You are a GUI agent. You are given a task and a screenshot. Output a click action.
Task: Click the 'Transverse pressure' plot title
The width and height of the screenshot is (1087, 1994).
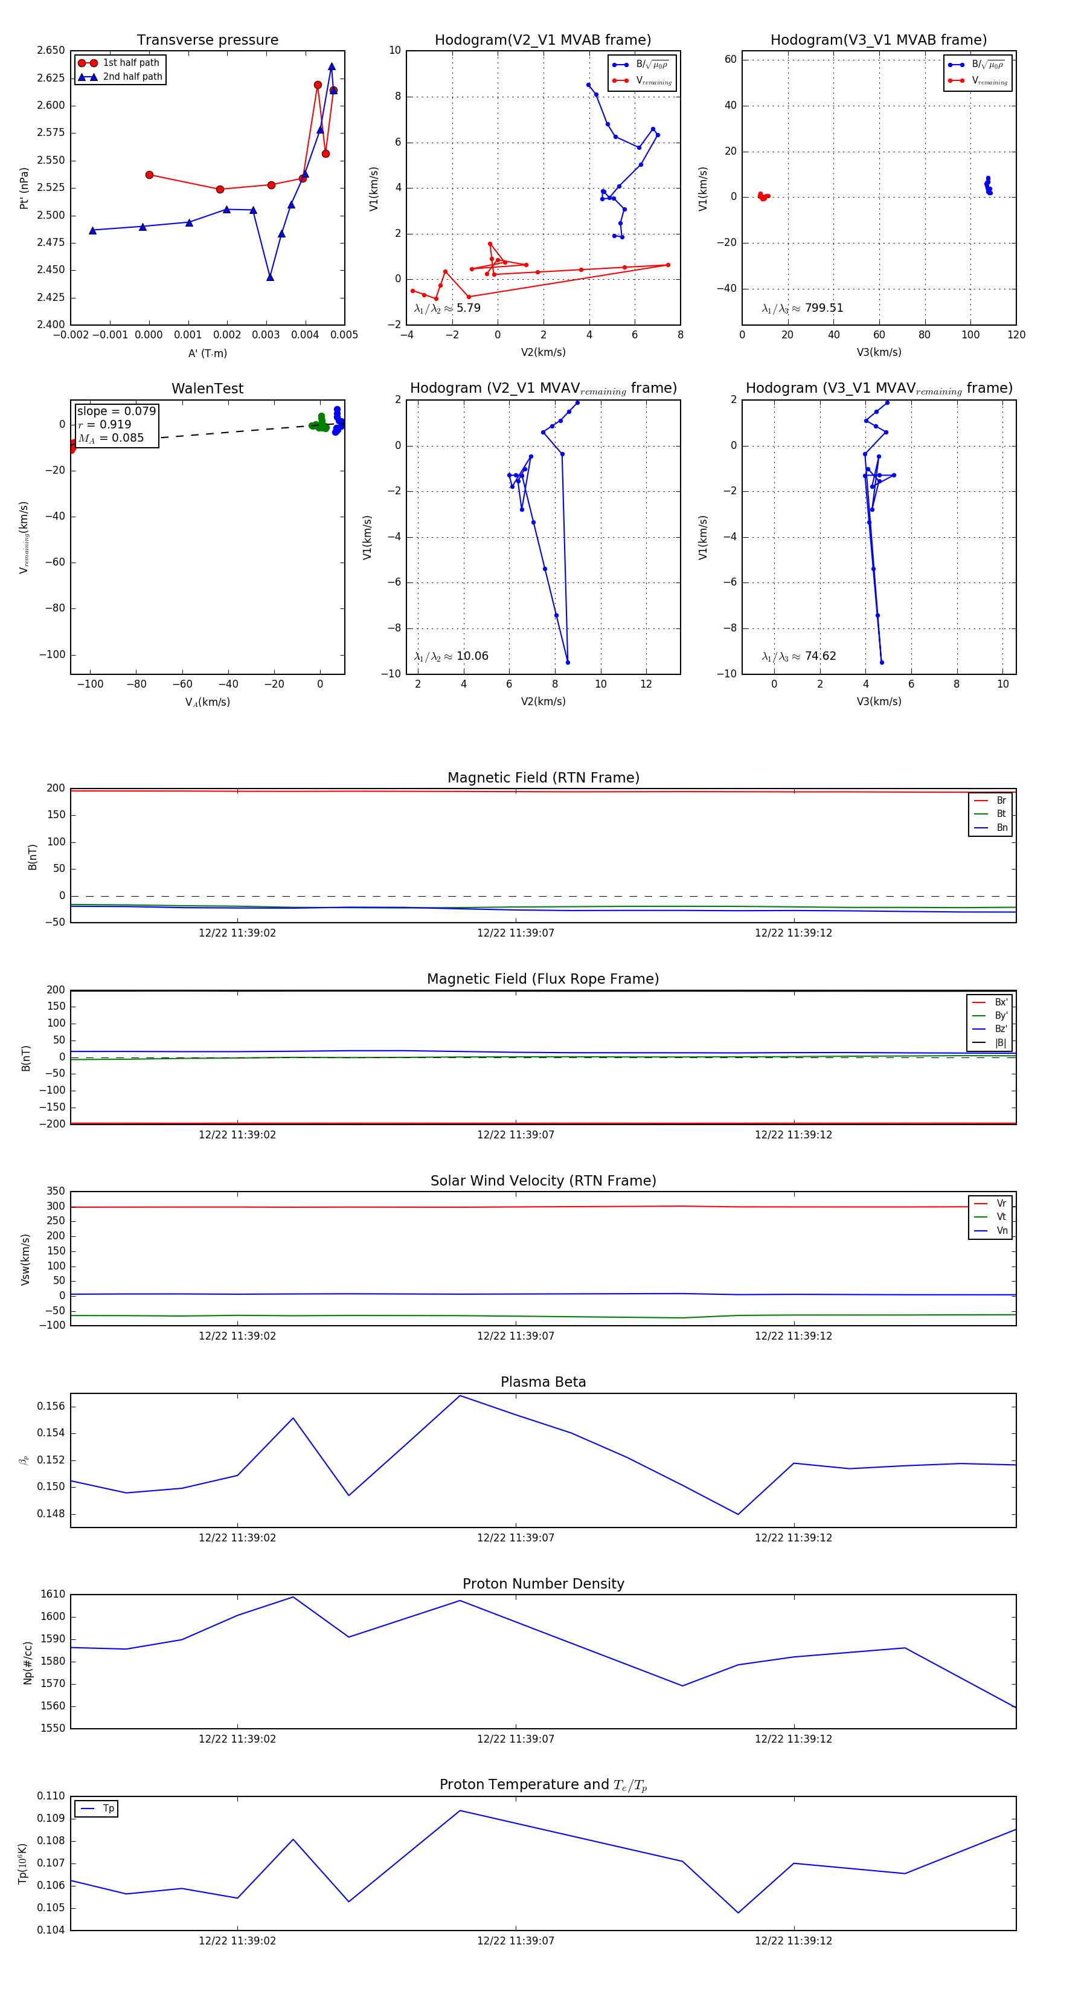coord(207,40)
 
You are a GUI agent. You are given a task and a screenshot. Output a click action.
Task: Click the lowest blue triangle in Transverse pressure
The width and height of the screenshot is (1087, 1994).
coord(270,277)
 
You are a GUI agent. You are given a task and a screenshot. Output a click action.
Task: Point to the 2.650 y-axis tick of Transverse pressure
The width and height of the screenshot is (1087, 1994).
coord(51,50)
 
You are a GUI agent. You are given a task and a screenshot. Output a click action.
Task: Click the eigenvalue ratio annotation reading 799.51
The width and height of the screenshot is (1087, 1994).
coord(803,308)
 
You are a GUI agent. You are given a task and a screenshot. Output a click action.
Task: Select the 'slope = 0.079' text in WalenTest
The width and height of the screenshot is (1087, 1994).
coord(116,411)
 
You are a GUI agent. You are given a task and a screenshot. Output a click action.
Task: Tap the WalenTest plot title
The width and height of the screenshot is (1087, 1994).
coord(207,389)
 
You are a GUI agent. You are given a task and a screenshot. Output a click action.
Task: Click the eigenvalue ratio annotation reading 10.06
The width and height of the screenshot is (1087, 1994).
coord(451,656)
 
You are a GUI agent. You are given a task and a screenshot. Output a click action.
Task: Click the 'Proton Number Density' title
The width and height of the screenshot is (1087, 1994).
coord(543,1584)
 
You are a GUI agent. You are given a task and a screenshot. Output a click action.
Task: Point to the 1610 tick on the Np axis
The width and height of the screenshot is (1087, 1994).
coord(53,1595)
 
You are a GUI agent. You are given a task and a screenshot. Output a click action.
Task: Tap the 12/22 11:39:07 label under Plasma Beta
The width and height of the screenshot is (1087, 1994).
coord(515,1538)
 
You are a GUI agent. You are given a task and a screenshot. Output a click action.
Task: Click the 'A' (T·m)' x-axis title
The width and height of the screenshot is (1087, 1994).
coord(207,353)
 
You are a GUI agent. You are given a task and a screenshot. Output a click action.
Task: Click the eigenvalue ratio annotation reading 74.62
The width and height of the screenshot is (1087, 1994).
coord(798,656)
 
